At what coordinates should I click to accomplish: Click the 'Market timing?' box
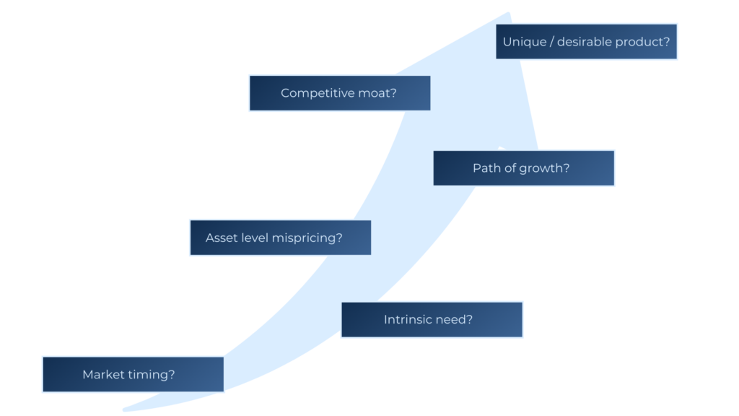pos(133,374)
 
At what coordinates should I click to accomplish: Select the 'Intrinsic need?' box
pos(432,319)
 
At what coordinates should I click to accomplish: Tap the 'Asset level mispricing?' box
pos(280,238)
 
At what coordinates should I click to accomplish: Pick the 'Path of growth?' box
pos(524,168)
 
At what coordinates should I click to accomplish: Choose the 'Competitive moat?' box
pos(339,93)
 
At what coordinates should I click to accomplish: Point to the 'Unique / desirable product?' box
pos(587,42)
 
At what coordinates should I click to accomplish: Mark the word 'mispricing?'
pos(307,238)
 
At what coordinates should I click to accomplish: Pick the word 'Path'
pos(486,168)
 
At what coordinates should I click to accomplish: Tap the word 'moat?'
pos(378,93)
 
